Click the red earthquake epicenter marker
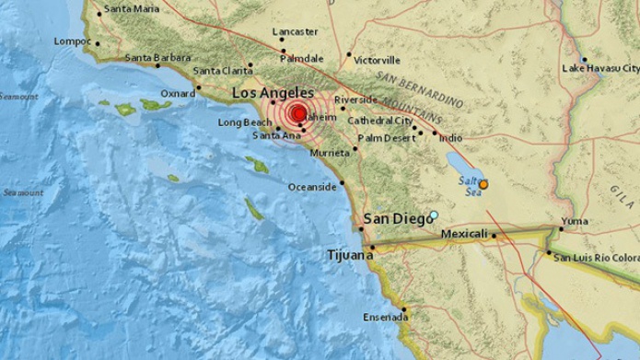(x=297, y=115)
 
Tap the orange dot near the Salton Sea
(x=483, y=184)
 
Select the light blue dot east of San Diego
(x=434, y=215)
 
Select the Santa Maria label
(x=131, y=8)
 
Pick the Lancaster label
(x=296, y=31)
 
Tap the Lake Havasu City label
(x=600, y=68)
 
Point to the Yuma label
(x=574, y=221)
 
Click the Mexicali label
(x=464, y=235)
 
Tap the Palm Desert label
(x=384, y=138)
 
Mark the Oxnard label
(x=177, y=93)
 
